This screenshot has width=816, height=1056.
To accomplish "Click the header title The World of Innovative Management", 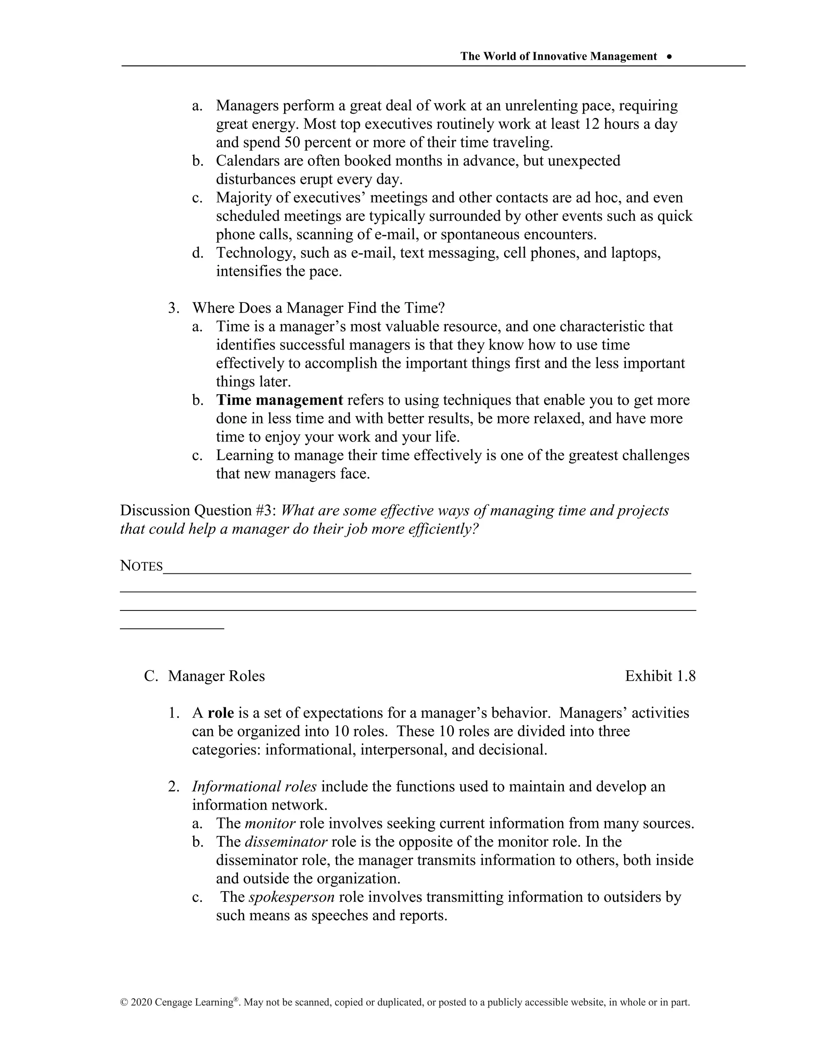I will pos(558,57).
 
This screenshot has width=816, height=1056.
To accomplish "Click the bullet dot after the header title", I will pos(669,57).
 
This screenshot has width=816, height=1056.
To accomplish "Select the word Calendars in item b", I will pos(247,161).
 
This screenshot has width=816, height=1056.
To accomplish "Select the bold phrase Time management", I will pos(279,400).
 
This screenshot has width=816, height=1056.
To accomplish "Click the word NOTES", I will pos(141,566).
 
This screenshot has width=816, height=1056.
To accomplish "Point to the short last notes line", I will pos(172,628).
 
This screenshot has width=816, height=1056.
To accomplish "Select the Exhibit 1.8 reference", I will pos(660,676).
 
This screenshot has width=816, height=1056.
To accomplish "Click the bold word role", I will pos(220,713).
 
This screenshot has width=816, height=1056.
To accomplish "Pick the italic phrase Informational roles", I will pos(254,787).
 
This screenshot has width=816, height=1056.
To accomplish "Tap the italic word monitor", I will pos(270,823).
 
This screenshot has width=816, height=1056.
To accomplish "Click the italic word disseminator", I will pos(286,842).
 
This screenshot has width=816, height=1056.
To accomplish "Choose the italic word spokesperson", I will pos(292,897).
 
